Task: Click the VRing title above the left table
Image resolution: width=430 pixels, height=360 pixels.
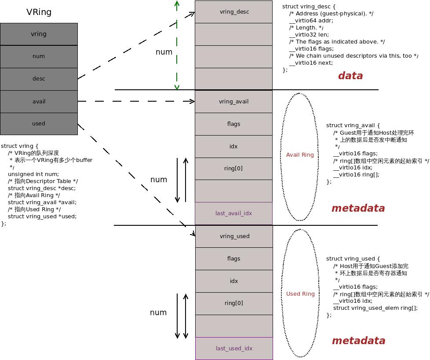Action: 39,12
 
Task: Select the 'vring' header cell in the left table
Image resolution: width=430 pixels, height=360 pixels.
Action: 39,34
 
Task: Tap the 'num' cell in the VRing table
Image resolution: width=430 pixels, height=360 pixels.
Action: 39,56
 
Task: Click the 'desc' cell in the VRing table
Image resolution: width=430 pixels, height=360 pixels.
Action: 39,79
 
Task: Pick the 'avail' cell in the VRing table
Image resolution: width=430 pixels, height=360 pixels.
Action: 39,101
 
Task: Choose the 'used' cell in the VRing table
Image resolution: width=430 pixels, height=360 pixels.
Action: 39,124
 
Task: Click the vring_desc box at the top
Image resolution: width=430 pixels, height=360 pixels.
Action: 234,12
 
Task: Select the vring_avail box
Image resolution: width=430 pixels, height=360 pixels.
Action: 234,102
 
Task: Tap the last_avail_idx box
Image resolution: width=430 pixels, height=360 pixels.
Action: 234,213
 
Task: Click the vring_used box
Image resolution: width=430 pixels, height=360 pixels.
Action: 234,236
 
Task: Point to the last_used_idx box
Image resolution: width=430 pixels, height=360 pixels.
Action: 234,349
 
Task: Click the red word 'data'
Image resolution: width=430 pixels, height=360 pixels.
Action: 350,76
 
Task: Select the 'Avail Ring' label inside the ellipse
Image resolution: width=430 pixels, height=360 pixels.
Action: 300,155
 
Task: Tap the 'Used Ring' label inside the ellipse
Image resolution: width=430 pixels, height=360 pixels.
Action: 300,294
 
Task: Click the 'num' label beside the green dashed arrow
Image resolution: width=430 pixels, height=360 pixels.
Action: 164,52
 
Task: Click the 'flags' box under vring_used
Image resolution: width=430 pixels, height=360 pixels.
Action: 234,259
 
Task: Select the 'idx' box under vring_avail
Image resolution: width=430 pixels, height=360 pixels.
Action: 234,147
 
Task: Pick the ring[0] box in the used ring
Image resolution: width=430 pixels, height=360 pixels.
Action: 234,303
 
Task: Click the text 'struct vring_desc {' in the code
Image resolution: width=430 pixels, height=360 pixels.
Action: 309,7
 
